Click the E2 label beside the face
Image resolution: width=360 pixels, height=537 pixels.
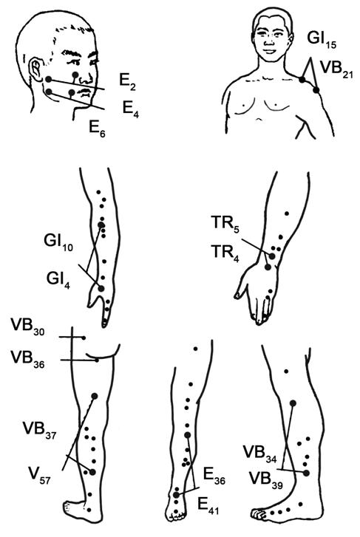coord(127,83)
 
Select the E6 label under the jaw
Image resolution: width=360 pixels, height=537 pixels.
coord(97,129)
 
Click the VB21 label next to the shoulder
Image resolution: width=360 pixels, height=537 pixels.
coord(336,71)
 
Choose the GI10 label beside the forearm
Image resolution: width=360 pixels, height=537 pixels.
coord(58,243)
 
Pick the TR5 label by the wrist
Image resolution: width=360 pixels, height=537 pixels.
coord(225,225)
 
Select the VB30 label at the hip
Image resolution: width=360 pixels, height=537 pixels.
coord(27,327)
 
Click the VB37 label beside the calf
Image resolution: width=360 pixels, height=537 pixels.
coord(39,431)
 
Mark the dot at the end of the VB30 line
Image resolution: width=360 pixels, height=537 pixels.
coord(84,338)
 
